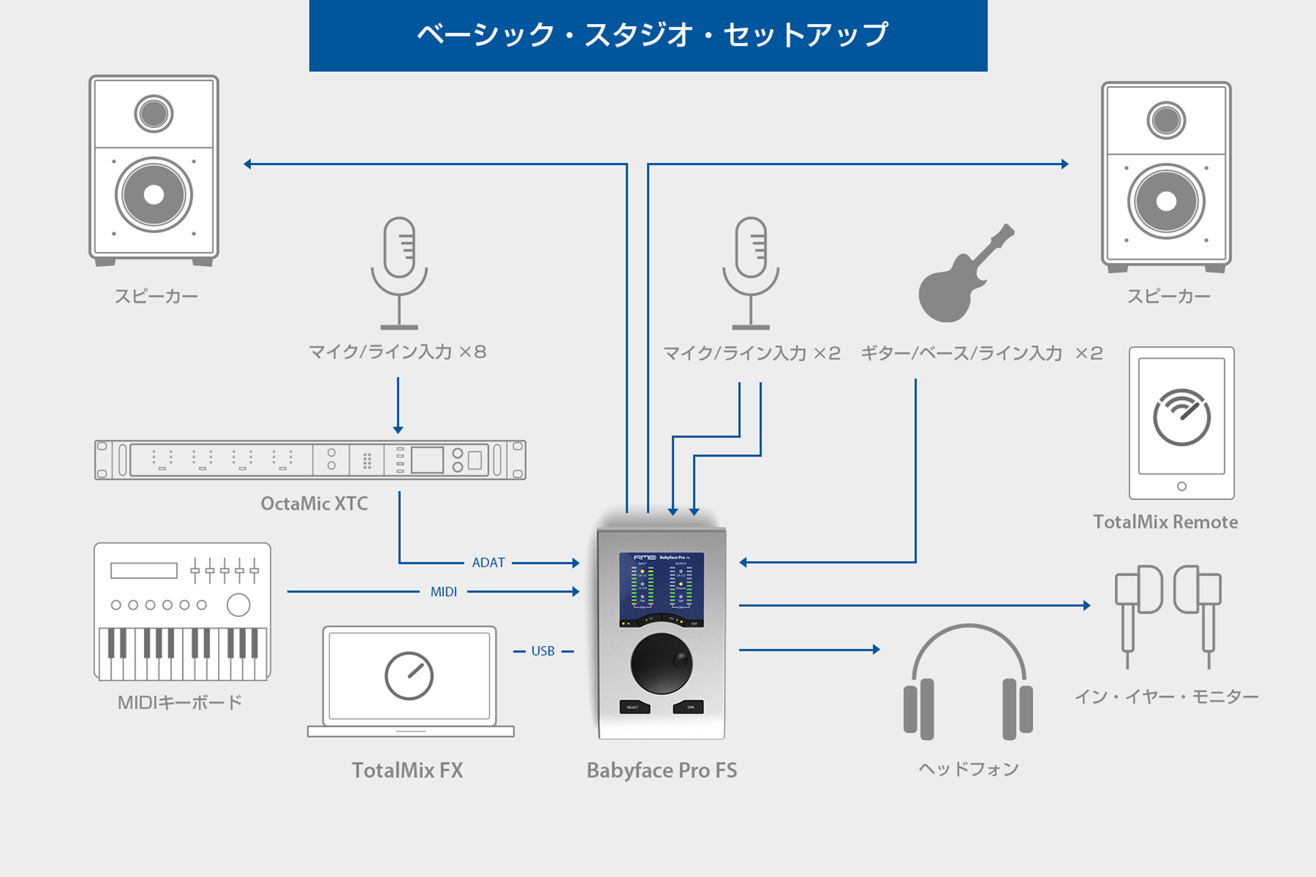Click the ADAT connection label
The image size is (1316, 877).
pos(488,563)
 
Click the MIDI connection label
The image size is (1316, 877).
pos(443,592)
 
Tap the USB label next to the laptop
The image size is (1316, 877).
pos(543,651)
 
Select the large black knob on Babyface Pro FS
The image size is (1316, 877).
pos(661,663)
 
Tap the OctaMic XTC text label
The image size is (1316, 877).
pos(314,504)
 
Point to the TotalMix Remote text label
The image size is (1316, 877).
pos(1165,522)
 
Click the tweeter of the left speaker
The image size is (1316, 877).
pos(154,114)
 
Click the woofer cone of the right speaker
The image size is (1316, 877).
pos(1166,201)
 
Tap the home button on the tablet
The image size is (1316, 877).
pos(1182,486)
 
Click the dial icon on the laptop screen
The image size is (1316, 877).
pos(409,676)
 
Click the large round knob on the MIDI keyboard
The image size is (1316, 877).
pos(239,605)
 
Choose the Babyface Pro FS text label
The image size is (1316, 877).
pos(661,770)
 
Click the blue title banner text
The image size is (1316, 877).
pos(652,35)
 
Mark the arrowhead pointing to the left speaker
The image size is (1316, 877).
pos(248,164)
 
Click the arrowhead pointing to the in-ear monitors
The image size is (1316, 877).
pos(1086,606)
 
